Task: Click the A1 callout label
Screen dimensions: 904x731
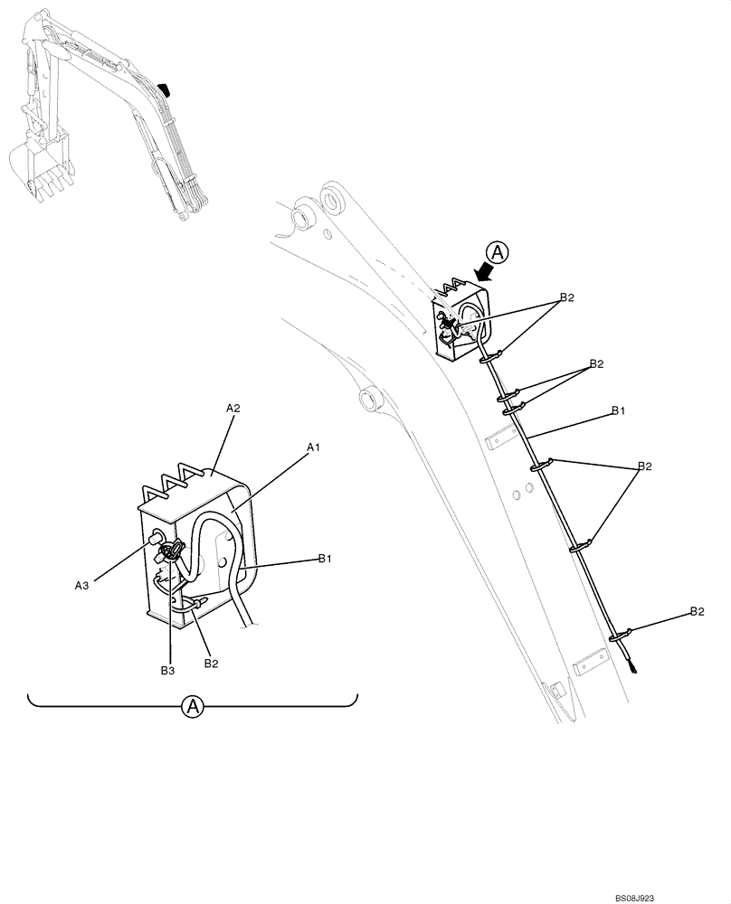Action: pyautogui.click(x=314, y=447)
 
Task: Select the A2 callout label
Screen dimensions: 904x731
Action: pyautogui.click(x=233, y=408)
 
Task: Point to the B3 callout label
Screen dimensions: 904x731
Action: pyautogui.click(x=168, y=669)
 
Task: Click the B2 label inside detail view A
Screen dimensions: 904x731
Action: pyautogui.click(x=211, y=664)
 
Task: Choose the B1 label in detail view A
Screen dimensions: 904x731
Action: pyautogui.click(x=326, y=560)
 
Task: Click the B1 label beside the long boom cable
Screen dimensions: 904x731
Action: pyautogui.click(x=618, y=410)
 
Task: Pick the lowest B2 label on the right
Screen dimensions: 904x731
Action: pyautogui.click(x=697, y=612)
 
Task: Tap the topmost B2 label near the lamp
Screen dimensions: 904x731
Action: pyautogui.click(x=567, y=297)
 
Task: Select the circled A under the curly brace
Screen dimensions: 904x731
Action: pyautogui.click(x=192, y=707)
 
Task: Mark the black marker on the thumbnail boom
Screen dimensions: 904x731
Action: pyautogui.click(x=164, y=88)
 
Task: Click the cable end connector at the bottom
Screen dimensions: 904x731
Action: pyautogui.click(x=635, y=670)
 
